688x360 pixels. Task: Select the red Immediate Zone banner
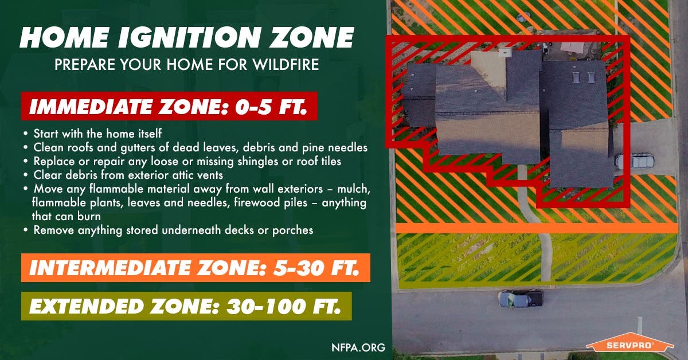tap(169, 106)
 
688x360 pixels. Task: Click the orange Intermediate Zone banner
tap(196, 268)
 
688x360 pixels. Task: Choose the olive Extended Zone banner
tap(186, 306)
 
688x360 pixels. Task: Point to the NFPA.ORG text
tap(358, 347)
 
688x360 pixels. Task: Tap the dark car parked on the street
tap(520, 299)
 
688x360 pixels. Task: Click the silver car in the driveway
tap(635, 161)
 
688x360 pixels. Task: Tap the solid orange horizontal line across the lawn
tap(537, 228)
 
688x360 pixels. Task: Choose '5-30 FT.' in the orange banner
tap(316, 268)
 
